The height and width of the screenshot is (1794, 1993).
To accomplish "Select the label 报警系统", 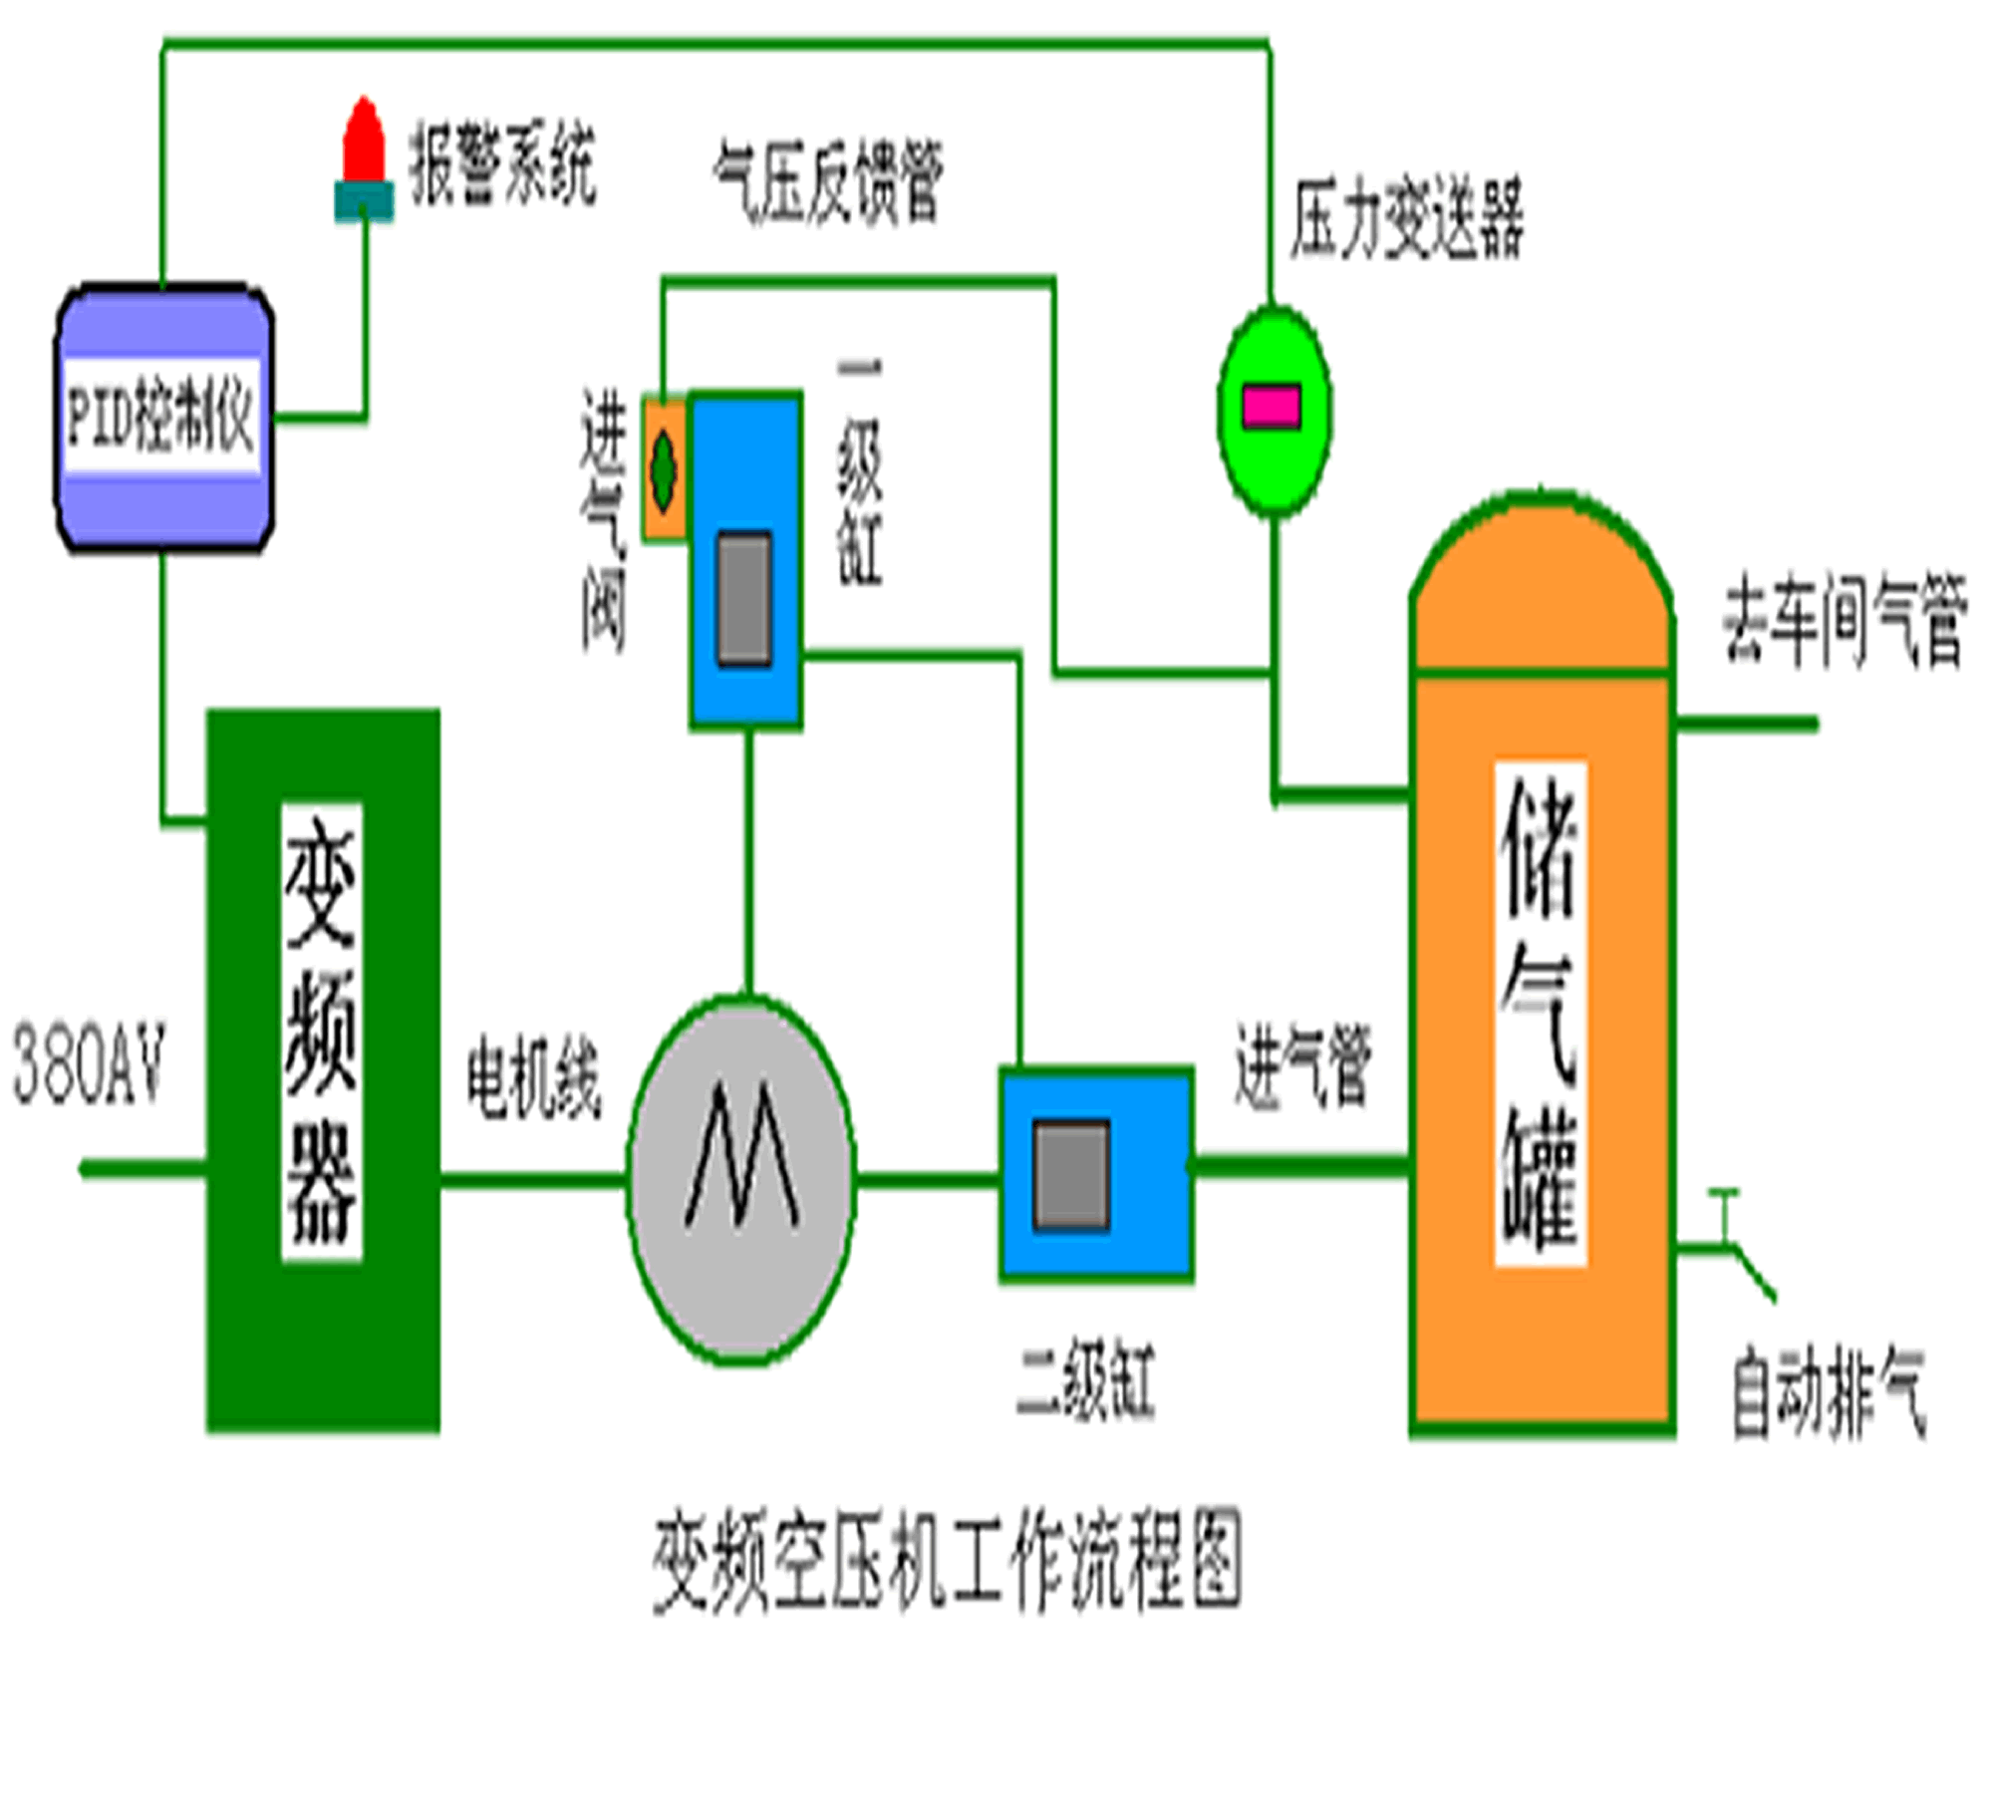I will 502,163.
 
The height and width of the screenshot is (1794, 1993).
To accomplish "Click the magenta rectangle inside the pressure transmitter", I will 1272,407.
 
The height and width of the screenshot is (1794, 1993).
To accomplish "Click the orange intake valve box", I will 664,468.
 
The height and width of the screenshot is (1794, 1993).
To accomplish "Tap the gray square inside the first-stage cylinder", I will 744,598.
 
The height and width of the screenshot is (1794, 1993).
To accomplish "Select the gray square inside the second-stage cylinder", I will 1071,1176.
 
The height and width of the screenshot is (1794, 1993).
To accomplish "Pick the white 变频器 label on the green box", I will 321,1032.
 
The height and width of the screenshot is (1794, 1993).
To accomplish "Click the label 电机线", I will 534,1081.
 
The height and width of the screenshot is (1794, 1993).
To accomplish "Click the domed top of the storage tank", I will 1541,588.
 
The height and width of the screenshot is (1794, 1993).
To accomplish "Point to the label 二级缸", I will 1085,1380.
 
